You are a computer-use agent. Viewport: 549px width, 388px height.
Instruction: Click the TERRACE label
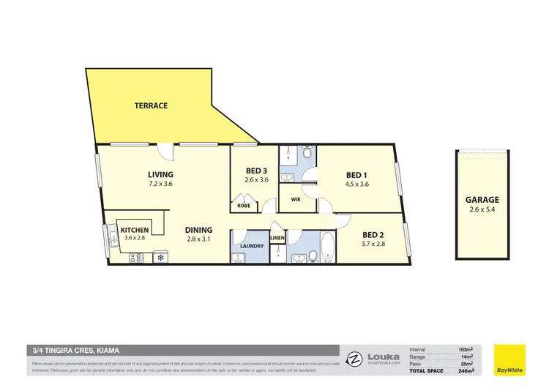(151, 105)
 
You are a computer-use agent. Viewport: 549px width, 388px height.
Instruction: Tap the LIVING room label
(160, 174)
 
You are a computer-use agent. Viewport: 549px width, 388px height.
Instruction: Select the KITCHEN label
(135, 230)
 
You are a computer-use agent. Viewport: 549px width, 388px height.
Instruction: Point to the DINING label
(198, 230)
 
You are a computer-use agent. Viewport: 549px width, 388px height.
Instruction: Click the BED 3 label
(256, 171)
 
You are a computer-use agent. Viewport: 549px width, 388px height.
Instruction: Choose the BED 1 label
(358, 175)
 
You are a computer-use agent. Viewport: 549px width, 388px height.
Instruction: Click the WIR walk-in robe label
(296, 199)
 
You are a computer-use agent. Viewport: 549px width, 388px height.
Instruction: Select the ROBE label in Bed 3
(244, 206)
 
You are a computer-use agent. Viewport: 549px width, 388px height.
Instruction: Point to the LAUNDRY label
(252, 247)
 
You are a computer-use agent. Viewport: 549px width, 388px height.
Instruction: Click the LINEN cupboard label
(277, 239)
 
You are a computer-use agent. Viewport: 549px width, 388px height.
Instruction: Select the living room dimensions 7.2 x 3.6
(160, 184)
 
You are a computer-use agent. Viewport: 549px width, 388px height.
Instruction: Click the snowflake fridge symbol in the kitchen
(160, 258)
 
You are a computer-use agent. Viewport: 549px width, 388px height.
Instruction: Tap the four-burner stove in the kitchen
(136, 258)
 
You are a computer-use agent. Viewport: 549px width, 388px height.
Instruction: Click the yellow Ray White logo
(509, 359)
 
